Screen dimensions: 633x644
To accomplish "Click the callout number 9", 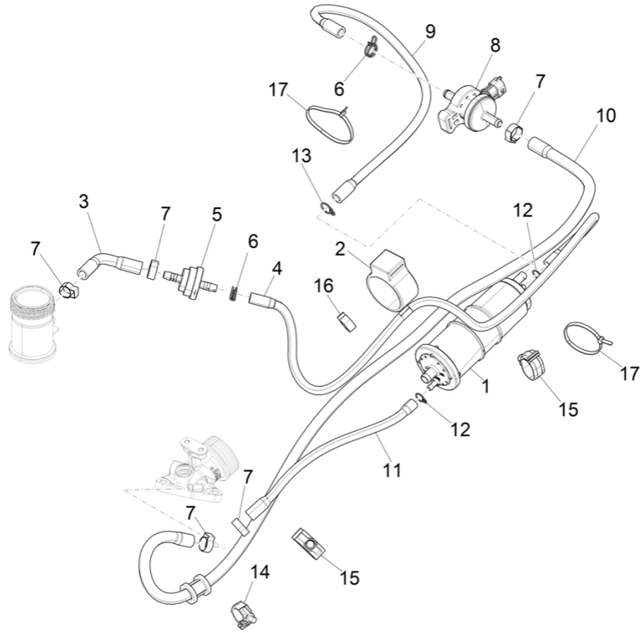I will (430, 32).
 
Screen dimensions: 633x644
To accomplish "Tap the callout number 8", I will (495, 45).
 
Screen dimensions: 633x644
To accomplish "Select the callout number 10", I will (606, 115).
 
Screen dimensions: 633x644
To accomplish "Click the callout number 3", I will (83, 201).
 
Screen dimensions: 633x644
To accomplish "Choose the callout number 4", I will (276, 268).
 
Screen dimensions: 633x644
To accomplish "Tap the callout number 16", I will (323, 286).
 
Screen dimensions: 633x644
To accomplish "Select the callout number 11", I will (392, 470).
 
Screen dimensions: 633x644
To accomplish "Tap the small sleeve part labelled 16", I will (341, 319).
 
